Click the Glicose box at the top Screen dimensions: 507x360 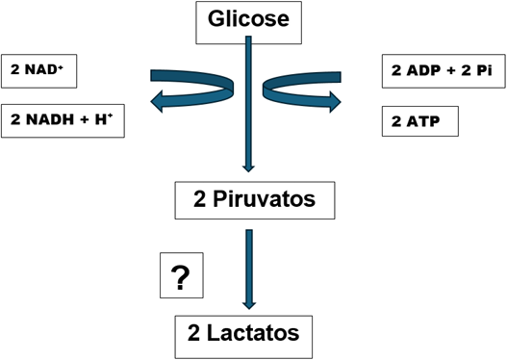[248, 19]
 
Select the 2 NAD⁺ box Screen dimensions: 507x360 [38, 69]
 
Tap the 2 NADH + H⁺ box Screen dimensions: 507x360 [63, 121]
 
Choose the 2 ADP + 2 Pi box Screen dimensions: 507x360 [438, 69]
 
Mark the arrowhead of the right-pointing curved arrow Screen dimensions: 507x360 [334, 98]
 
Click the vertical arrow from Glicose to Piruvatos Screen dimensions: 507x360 [249, 106]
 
